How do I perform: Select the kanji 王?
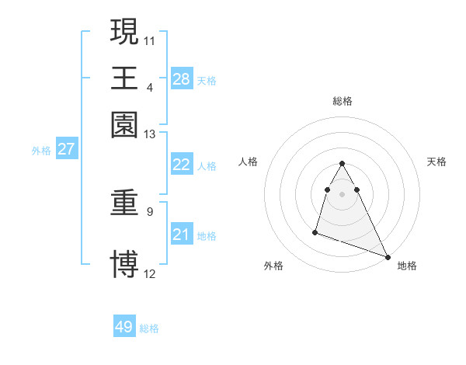pyautogui.click(x=124, y=78)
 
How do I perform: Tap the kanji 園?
pyautogui.click(x=124, y=125)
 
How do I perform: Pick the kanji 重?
pyautogui.click(x=124, y=204)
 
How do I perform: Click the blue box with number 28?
pyautogui.click(x=181, y=78)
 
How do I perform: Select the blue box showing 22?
pyautogui.click(x=181, y=165)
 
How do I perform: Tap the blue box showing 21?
pyautogui.click(x=181, y=235)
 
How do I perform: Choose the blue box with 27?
pyautogui.click(x=66, y=149)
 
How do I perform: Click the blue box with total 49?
pyautogui.click(x=124, y=327)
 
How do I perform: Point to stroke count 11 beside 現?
pyautogui.click(x=150, y=39)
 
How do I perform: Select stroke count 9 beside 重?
pyautogui.click(x=150, y=211)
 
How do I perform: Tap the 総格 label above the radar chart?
pyautogui.click(x=343, y=101)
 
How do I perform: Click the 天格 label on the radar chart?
pyautogui.click(x=436, y=162)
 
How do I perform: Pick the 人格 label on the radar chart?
pyautogui.click(x=249, y=162)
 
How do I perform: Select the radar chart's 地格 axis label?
pyautogui.click(x=407, y=266)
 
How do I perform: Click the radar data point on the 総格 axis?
pyautogui.click(x=342, y=164)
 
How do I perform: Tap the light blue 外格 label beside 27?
pyautogui.click(x=40, y=151)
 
